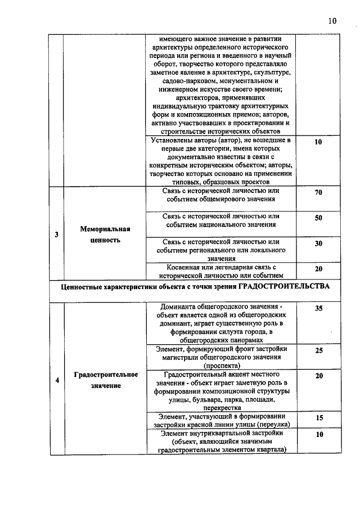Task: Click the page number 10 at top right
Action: pyautogui.click(x=332, y=21)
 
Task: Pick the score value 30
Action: pyautogui.click(x=318, y=244)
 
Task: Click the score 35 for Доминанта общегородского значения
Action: pyautogui.click(x=318, y=309)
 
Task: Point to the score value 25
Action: pyautogui.click(x=318, y=350)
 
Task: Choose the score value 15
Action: pyautogui.click(x=318, y=418)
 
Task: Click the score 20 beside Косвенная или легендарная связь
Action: pyautogui.click(x=318, y=269)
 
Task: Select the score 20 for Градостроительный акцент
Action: pyautogui.click(x=318, y=376)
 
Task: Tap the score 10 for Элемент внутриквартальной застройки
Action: pyautogui.click(x=318, y=435)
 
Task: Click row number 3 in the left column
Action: pyautogui.click(x=56, y=235)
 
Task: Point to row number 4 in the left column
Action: pyautogui.click(x=56, y=380)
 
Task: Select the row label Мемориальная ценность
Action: pyautogui.click(x=105, y=235)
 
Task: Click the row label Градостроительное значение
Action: pyautogui.click(x=105, y=380)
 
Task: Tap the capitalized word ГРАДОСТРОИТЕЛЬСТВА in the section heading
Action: pyautogui.click(x=283, y=287)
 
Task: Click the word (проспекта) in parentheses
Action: pyautogui.click(x=219, y=365)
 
